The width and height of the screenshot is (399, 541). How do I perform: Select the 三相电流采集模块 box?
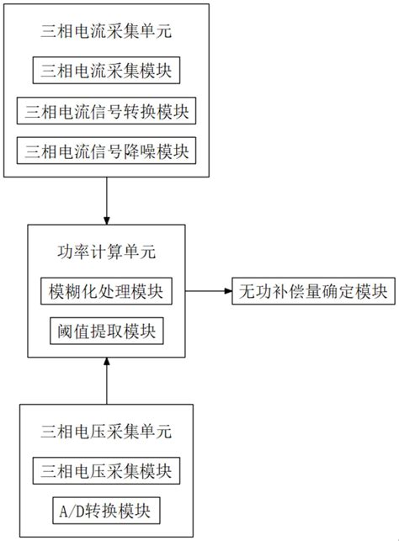click(x=106, y=71)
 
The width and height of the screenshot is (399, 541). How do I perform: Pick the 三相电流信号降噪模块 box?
click(x=106, y=152)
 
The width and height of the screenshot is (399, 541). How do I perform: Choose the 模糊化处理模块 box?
click(x=106, y=292)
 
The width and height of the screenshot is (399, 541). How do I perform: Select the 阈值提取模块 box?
click(x=106, y=331)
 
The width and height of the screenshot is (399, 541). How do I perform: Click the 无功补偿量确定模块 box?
click(x=311, y=292)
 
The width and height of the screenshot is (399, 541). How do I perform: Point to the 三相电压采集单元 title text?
click(x=106, y=432)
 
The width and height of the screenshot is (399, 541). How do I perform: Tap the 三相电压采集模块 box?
click(x=106, y=470)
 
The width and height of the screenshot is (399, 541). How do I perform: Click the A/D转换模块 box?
click(x=106, y=511)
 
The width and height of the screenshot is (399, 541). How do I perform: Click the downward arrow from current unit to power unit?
click(x=107, y=201)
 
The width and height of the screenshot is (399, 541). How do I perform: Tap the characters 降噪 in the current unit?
click(x=148, y=152)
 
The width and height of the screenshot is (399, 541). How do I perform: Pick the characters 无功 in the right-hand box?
click(x=255, y=292)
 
